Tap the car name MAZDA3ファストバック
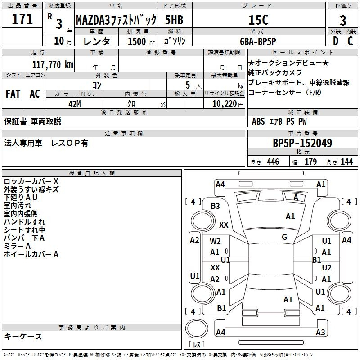coord(116,20)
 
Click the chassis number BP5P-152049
coord(302,143)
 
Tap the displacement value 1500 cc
coord(137,41)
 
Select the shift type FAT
coord(13,94)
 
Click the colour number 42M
coord(74,103)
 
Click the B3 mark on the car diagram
coord(215,206)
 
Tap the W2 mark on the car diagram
coord(215,241)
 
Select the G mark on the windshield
coord(284,237)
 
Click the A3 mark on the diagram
coord(320,333)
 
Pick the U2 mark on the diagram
coord(327,268)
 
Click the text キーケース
coord(23,337)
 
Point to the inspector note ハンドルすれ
coord(24,221)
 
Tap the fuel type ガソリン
coord(175,41)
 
